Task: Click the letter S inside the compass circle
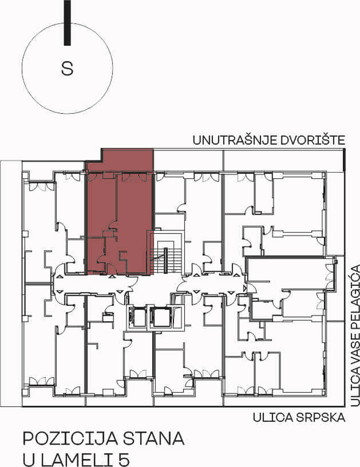pos(67,68)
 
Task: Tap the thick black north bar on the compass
pos(67,23)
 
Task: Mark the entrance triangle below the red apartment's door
pos(111,276)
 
